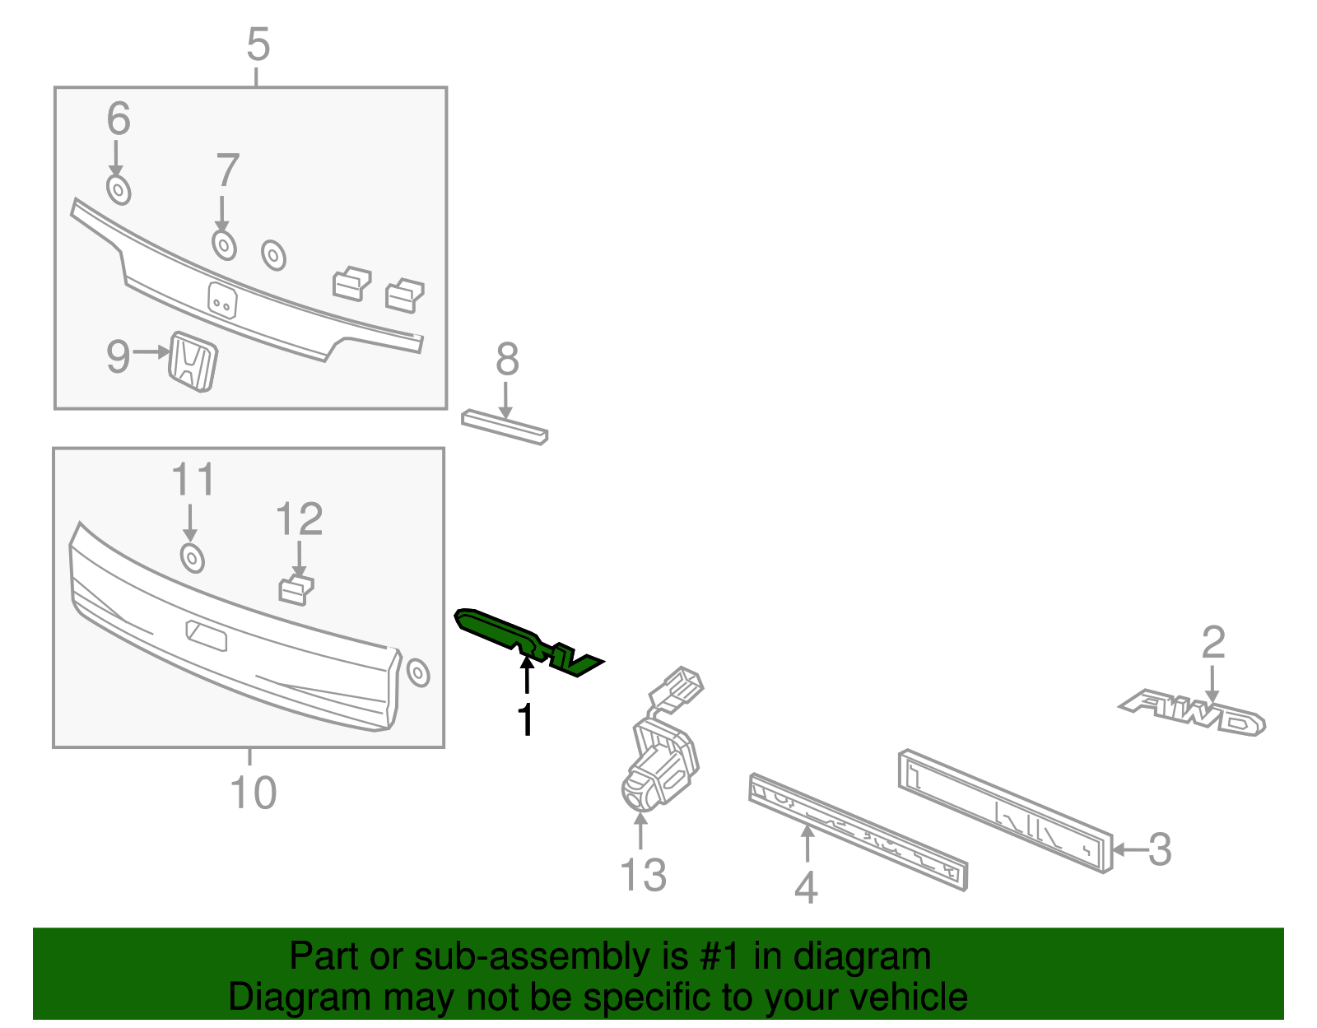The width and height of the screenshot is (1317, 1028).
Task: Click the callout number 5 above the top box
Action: tap(258, 44)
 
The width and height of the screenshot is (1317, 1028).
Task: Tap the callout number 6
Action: tap(119, 119)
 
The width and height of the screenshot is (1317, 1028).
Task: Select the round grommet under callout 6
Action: tap(119, 190)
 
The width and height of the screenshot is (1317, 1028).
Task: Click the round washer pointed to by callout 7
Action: tap(224, 245)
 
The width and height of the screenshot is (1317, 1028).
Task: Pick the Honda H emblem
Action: tap(193, 361)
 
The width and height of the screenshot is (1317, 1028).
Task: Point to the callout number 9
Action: tap(119, 356)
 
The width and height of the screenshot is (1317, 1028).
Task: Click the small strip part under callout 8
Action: tap(505, 427)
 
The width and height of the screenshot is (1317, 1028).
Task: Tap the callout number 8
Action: tap(508, 359)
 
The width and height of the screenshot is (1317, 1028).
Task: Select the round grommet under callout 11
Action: tap(192, 558)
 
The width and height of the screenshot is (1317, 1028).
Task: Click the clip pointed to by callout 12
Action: tap(296, 590)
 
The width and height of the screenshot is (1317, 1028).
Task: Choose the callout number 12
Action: tap(300, 519)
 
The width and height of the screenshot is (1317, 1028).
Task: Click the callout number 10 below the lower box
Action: tap(254, 793)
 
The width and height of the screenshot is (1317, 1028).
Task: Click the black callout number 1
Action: tap(525, 720)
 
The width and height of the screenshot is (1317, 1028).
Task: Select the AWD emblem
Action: tap(1192, 713)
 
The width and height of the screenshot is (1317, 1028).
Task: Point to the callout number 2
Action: tap(1213, 643)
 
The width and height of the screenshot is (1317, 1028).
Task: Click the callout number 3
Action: tap(1160, 849)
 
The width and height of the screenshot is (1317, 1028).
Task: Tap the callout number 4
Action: tap(806, 887)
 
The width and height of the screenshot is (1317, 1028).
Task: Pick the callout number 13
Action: tap(644, 876)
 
